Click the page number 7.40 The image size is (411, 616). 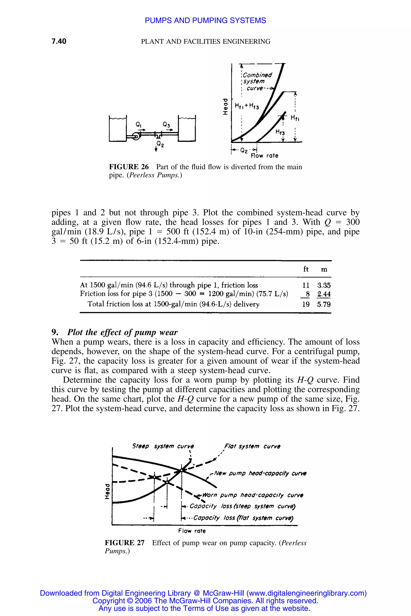pos(59,41)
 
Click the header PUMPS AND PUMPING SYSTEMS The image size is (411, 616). pos(205,20)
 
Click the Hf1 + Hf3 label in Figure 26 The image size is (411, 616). pos(247,106)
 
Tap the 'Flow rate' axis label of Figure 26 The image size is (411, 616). pos(264,156)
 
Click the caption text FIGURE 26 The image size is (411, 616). pos(129,167)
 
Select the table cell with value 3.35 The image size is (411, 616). pos(324,285)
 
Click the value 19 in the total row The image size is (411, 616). pos(306,304)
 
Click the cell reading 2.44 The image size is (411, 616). pos(324,294)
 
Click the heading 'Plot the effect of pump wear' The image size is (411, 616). pos(122,332)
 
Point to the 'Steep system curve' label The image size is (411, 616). pos(163,446)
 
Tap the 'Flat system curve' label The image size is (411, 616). pos(252,446)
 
